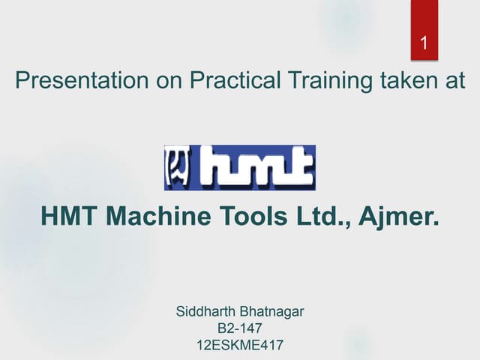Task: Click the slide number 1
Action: click(424, 43)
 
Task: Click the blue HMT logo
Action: click(239, 167)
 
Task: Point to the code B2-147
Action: click(239, 328)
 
